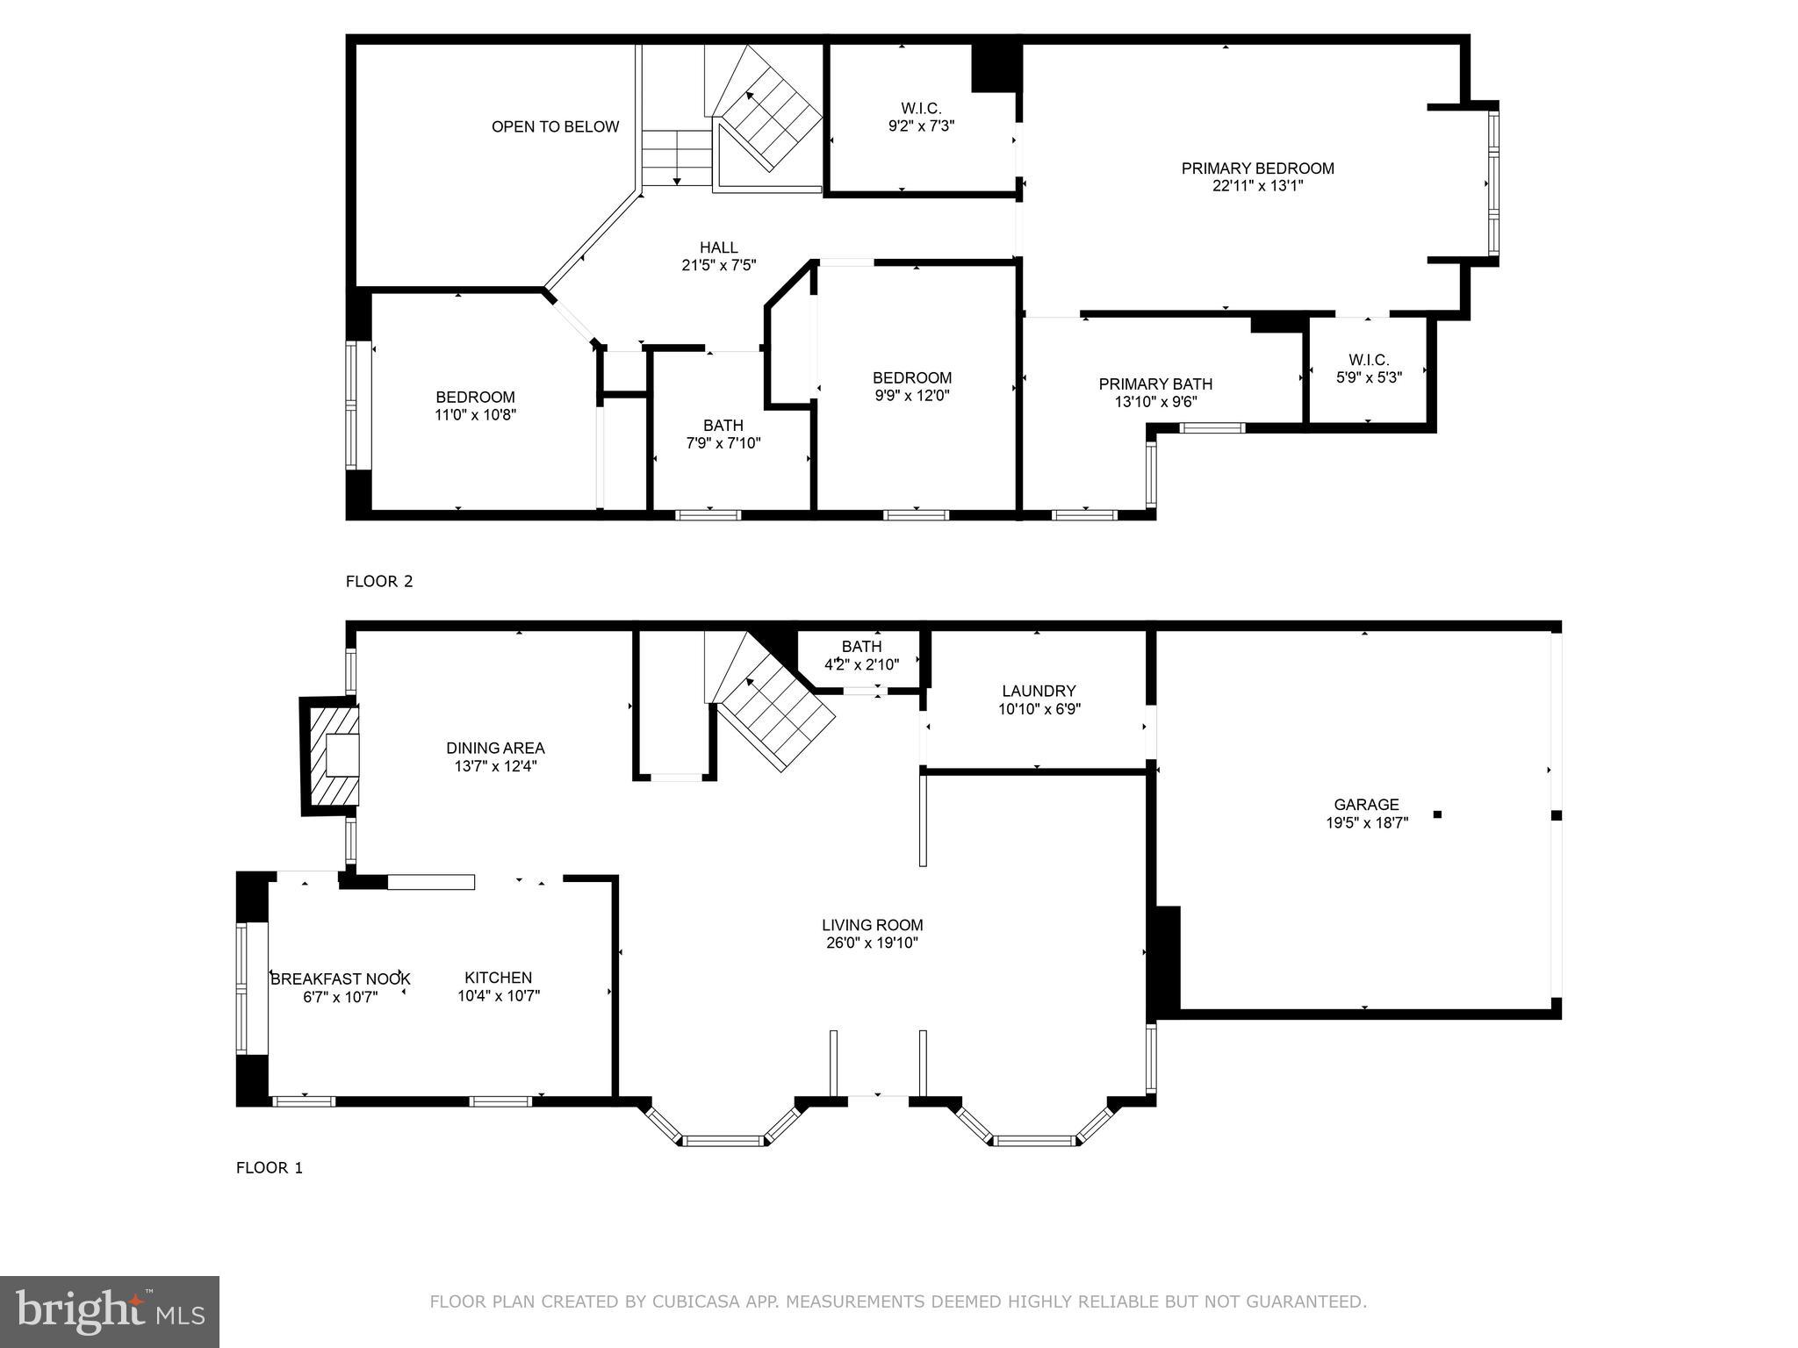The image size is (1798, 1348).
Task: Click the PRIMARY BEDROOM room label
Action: click(x=1257, y=168)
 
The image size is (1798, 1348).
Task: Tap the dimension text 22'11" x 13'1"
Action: click(x=1257, y=186)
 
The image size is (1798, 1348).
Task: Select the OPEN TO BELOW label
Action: click(x=555, y=126)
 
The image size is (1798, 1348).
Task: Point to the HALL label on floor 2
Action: click(x=718, y=247)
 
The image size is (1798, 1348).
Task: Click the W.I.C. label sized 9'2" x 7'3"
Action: click(x=921, y=109)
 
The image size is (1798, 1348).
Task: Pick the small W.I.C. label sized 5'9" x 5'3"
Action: click(x=1369, y=360)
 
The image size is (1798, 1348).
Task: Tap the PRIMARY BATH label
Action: click(x=1155, y=384)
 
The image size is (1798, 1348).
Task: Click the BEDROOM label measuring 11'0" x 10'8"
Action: click(x=475, y=398)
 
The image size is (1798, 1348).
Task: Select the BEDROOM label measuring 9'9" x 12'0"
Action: click(x=912, y=378)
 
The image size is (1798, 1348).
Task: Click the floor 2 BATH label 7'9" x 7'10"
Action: click(x=723, y=426)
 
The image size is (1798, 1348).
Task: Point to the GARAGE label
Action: click(x=1366, y=805)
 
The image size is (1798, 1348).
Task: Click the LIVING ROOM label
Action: click(x=872, y=925)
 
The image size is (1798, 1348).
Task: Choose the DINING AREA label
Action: click(x=495, y=749)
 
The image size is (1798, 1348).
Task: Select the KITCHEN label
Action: click(x=498, y=978)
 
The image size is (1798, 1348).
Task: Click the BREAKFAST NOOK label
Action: click(x=340, y=979)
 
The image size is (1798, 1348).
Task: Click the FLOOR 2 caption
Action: click(x=378, y=581)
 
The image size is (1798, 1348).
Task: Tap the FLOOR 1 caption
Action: click(x=269, y=1167)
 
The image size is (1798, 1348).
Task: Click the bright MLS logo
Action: click(x=109, y=1311)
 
